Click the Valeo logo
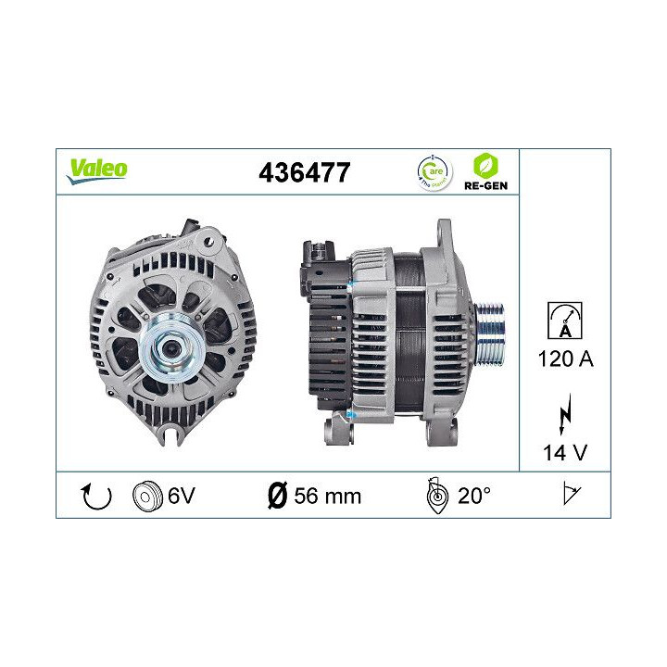point(96,169)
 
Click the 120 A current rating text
point(564,359)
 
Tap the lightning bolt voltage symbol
point(564,416)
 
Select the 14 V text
point(564,454)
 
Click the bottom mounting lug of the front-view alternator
point(172,432)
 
